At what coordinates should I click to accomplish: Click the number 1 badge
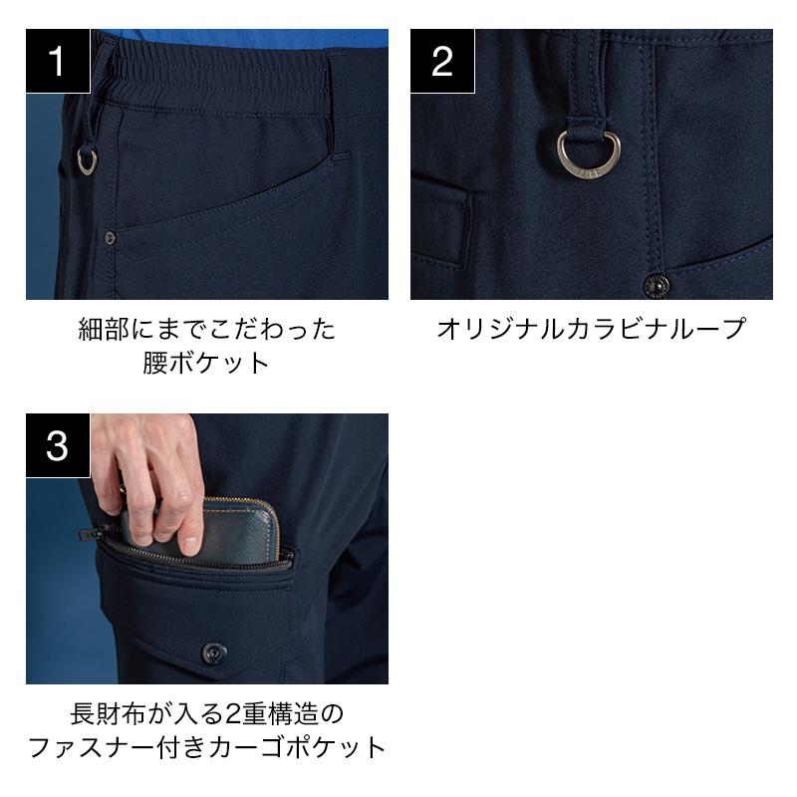click(58, 61)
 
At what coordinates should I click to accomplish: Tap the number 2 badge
click(442, 61)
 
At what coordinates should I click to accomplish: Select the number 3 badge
click(58, 445)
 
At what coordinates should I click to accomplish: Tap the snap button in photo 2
click(656, 286)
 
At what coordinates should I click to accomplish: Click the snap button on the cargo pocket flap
click(214, 653)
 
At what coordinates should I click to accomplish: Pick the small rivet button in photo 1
click(110, 237)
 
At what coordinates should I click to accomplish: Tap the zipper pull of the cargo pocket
click(88, 535)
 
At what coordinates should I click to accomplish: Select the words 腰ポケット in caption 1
click(206, 363)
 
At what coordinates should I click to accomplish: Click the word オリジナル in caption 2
click(501, 329)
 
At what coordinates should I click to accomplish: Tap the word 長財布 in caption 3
click(108, 713)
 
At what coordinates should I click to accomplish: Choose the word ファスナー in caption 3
click(92, 748)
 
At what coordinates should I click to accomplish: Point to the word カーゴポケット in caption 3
click(296, 748)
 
